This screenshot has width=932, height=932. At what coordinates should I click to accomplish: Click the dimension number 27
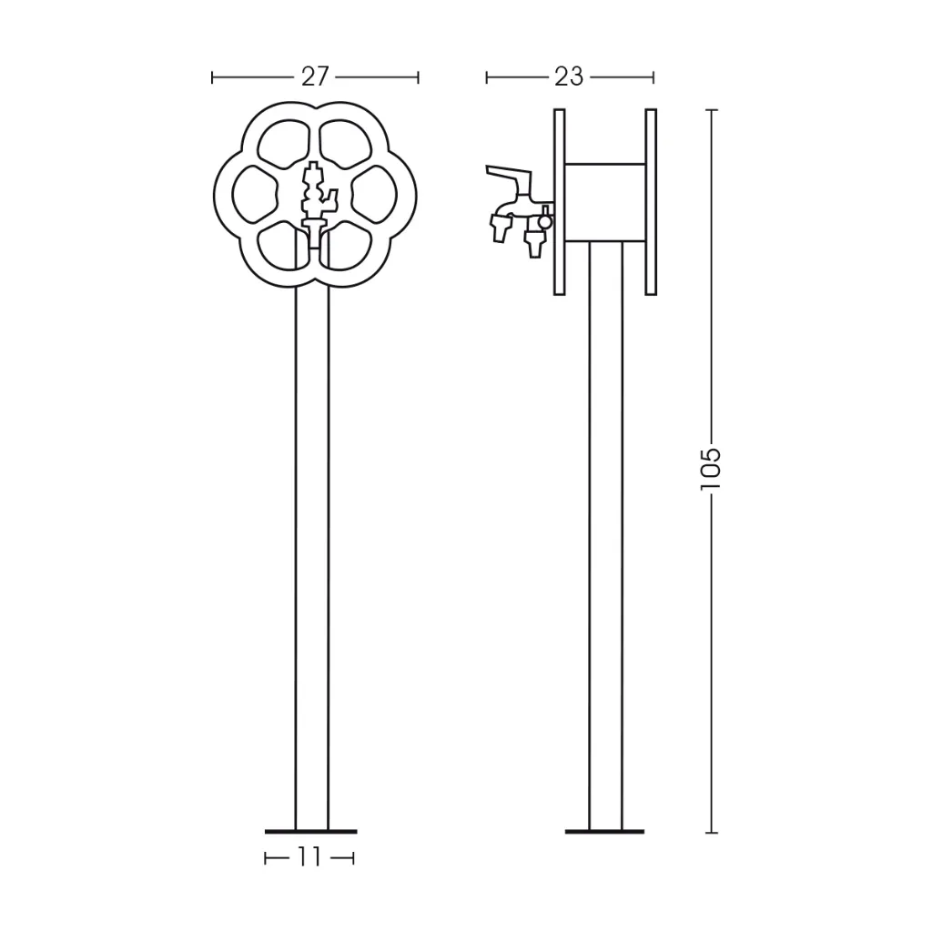pyautogui.click(x=314, y=77)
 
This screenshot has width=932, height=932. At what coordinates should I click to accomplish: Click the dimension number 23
pyautogui.click(x=569, y=77)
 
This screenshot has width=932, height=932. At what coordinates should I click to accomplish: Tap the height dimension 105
pyautogui.click(x=711, y=469)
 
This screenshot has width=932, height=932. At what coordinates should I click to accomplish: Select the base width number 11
pyautogui.click(x=309, y=857)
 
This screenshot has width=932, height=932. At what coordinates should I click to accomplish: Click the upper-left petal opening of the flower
pyautogui.click(x=284, y=145)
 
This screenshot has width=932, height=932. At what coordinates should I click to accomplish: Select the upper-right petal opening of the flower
pyautogui.click(x=346, y=145)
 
